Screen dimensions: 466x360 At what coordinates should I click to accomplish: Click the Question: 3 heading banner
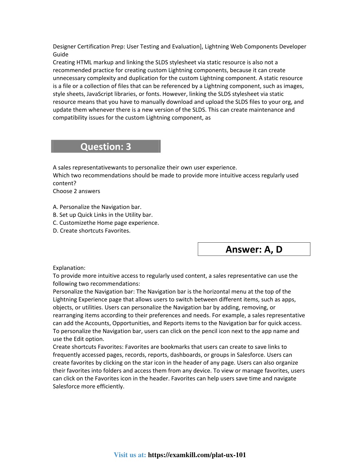pos(106,146)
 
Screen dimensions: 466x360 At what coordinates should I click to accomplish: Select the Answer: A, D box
pos(254,249)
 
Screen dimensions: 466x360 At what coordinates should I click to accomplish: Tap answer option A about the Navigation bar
pos(97,207)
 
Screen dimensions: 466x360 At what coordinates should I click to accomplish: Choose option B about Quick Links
pos(103,215)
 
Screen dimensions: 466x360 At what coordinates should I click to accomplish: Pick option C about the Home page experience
pos(106,223)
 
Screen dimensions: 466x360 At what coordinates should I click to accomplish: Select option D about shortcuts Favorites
pos(91,231)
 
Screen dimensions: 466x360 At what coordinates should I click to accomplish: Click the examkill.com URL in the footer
pos(197,455)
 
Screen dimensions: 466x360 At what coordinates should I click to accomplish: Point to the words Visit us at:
pos(130,455)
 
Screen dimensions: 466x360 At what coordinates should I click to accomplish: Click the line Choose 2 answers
pos(76,191)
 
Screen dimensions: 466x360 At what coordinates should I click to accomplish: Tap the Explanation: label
pos(69,268)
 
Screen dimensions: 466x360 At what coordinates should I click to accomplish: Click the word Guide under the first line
pos(60,54)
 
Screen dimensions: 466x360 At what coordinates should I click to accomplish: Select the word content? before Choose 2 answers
pos(64,183)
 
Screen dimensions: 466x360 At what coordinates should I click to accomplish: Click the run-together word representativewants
pos(90,167)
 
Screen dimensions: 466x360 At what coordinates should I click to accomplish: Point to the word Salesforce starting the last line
pos(67,386)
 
